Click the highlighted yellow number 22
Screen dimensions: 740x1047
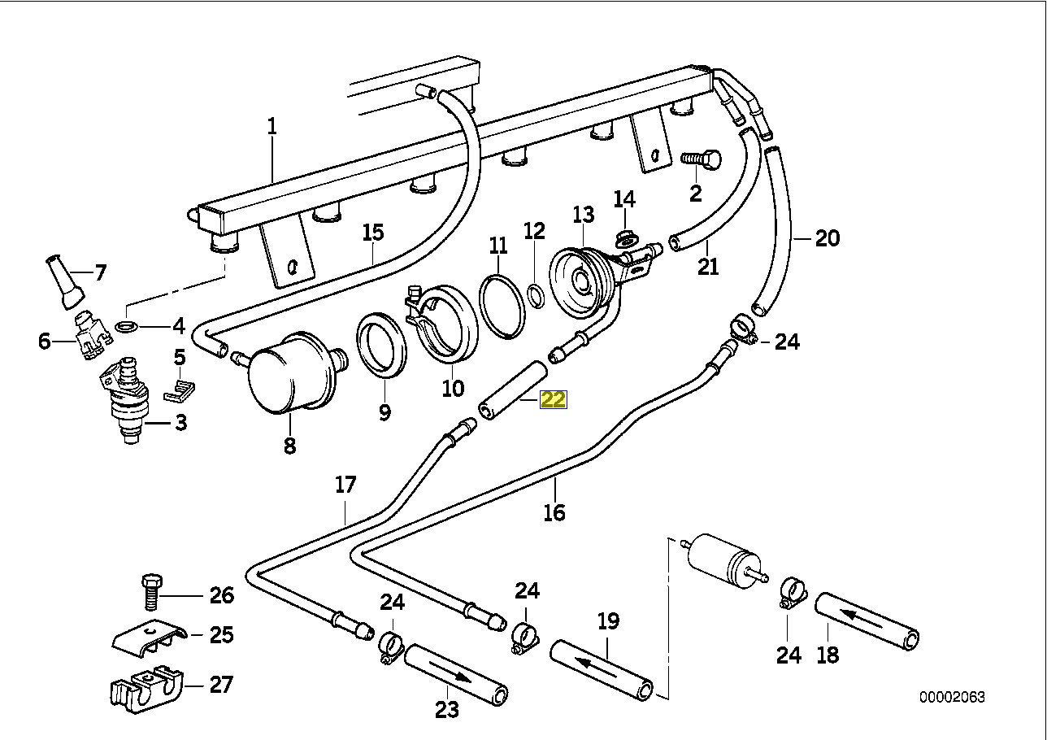click(554, 399)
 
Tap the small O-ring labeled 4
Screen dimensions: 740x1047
click(127, 327)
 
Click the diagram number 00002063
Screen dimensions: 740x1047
click(952, 698)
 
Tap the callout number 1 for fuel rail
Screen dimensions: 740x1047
click(272, 126)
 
